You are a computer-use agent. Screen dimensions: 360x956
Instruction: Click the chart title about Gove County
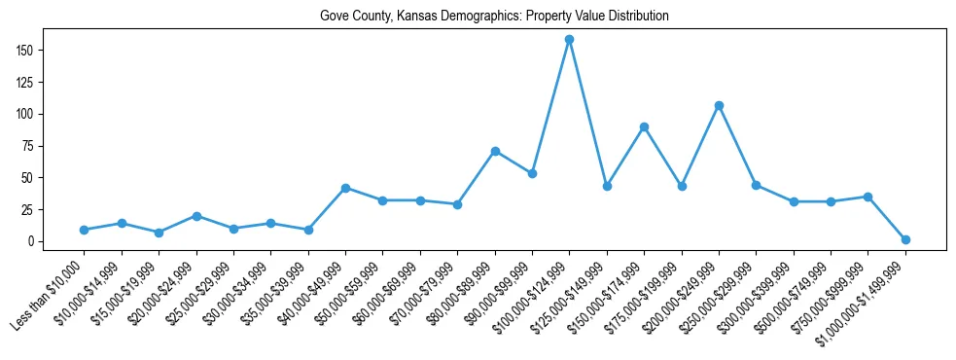(x=494, y=17)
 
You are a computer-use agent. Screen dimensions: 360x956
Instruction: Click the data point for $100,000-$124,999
(x=569, y=39)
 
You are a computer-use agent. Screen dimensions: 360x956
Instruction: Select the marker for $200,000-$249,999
(x=719, y=105)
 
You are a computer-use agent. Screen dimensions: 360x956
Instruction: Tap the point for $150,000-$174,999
(x=644, y=126)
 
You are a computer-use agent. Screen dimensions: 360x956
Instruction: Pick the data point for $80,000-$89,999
(x=495, y=151)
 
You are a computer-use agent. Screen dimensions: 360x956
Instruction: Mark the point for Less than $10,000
(x=84, y=230)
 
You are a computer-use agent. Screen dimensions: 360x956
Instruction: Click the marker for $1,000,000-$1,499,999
(x=905, y=239)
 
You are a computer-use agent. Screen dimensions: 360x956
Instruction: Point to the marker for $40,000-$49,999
(x=345, y=188)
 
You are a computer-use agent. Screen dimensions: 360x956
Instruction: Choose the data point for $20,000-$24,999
(x=196, y=216)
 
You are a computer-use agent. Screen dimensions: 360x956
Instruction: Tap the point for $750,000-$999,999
(x=867, y=197)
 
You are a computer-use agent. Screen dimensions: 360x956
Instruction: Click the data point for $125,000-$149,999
(x=607, y=186)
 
